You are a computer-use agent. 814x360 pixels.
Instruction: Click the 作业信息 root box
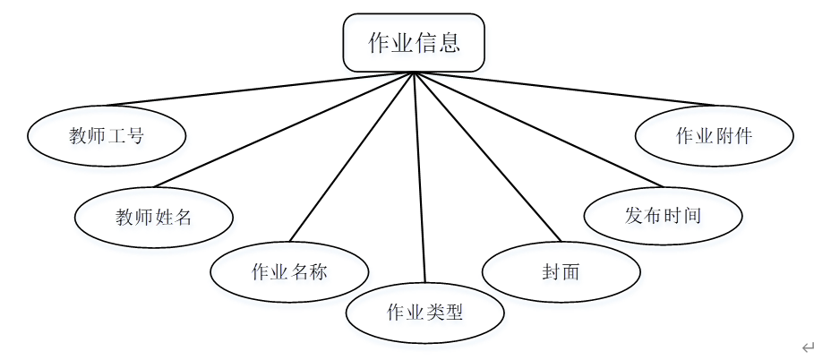(x=414, y=42)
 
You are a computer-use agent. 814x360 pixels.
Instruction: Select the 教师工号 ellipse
(x=107, y=136)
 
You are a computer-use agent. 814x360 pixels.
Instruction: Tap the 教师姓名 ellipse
(x=154, y=217)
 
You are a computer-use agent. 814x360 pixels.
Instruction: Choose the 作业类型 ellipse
(x=425, y=313)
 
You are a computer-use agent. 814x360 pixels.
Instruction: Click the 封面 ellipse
(x=561, y=271)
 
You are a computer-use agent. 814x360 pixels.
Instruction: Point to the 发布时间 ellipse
(x=663, y=216)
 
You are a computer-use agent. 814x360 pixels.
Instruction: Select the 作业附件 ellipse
(x=714, y=136)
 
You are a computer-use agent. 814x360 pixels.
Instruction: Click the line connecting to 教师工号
(x=260, y=90)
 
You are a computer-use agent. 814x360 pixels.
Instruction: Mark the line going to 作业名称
(x=352, y=156)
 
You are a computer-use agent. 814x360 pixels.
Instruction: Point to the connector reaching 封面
(x=486, y=156)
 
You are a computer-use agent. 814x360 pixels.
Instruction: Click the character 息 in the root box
(x=450, y=42)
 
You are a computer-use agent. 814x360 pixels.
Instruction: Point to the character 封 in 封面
(x=550, y=271)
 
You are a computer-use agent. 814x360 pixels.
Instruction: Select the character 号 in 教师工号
(x=135, y=136)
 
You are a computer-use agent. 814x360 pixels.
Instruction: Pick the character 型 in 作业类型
(x=454, y=313)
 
